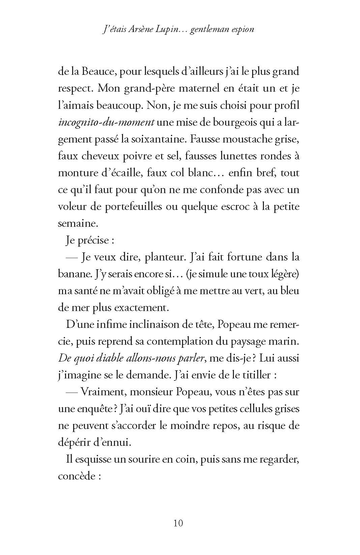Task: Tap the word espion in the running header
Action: tap(240, 30)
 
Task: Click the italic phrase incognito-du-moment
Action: tap(106, 122)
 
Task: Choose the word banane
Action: tap(70, 274)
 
